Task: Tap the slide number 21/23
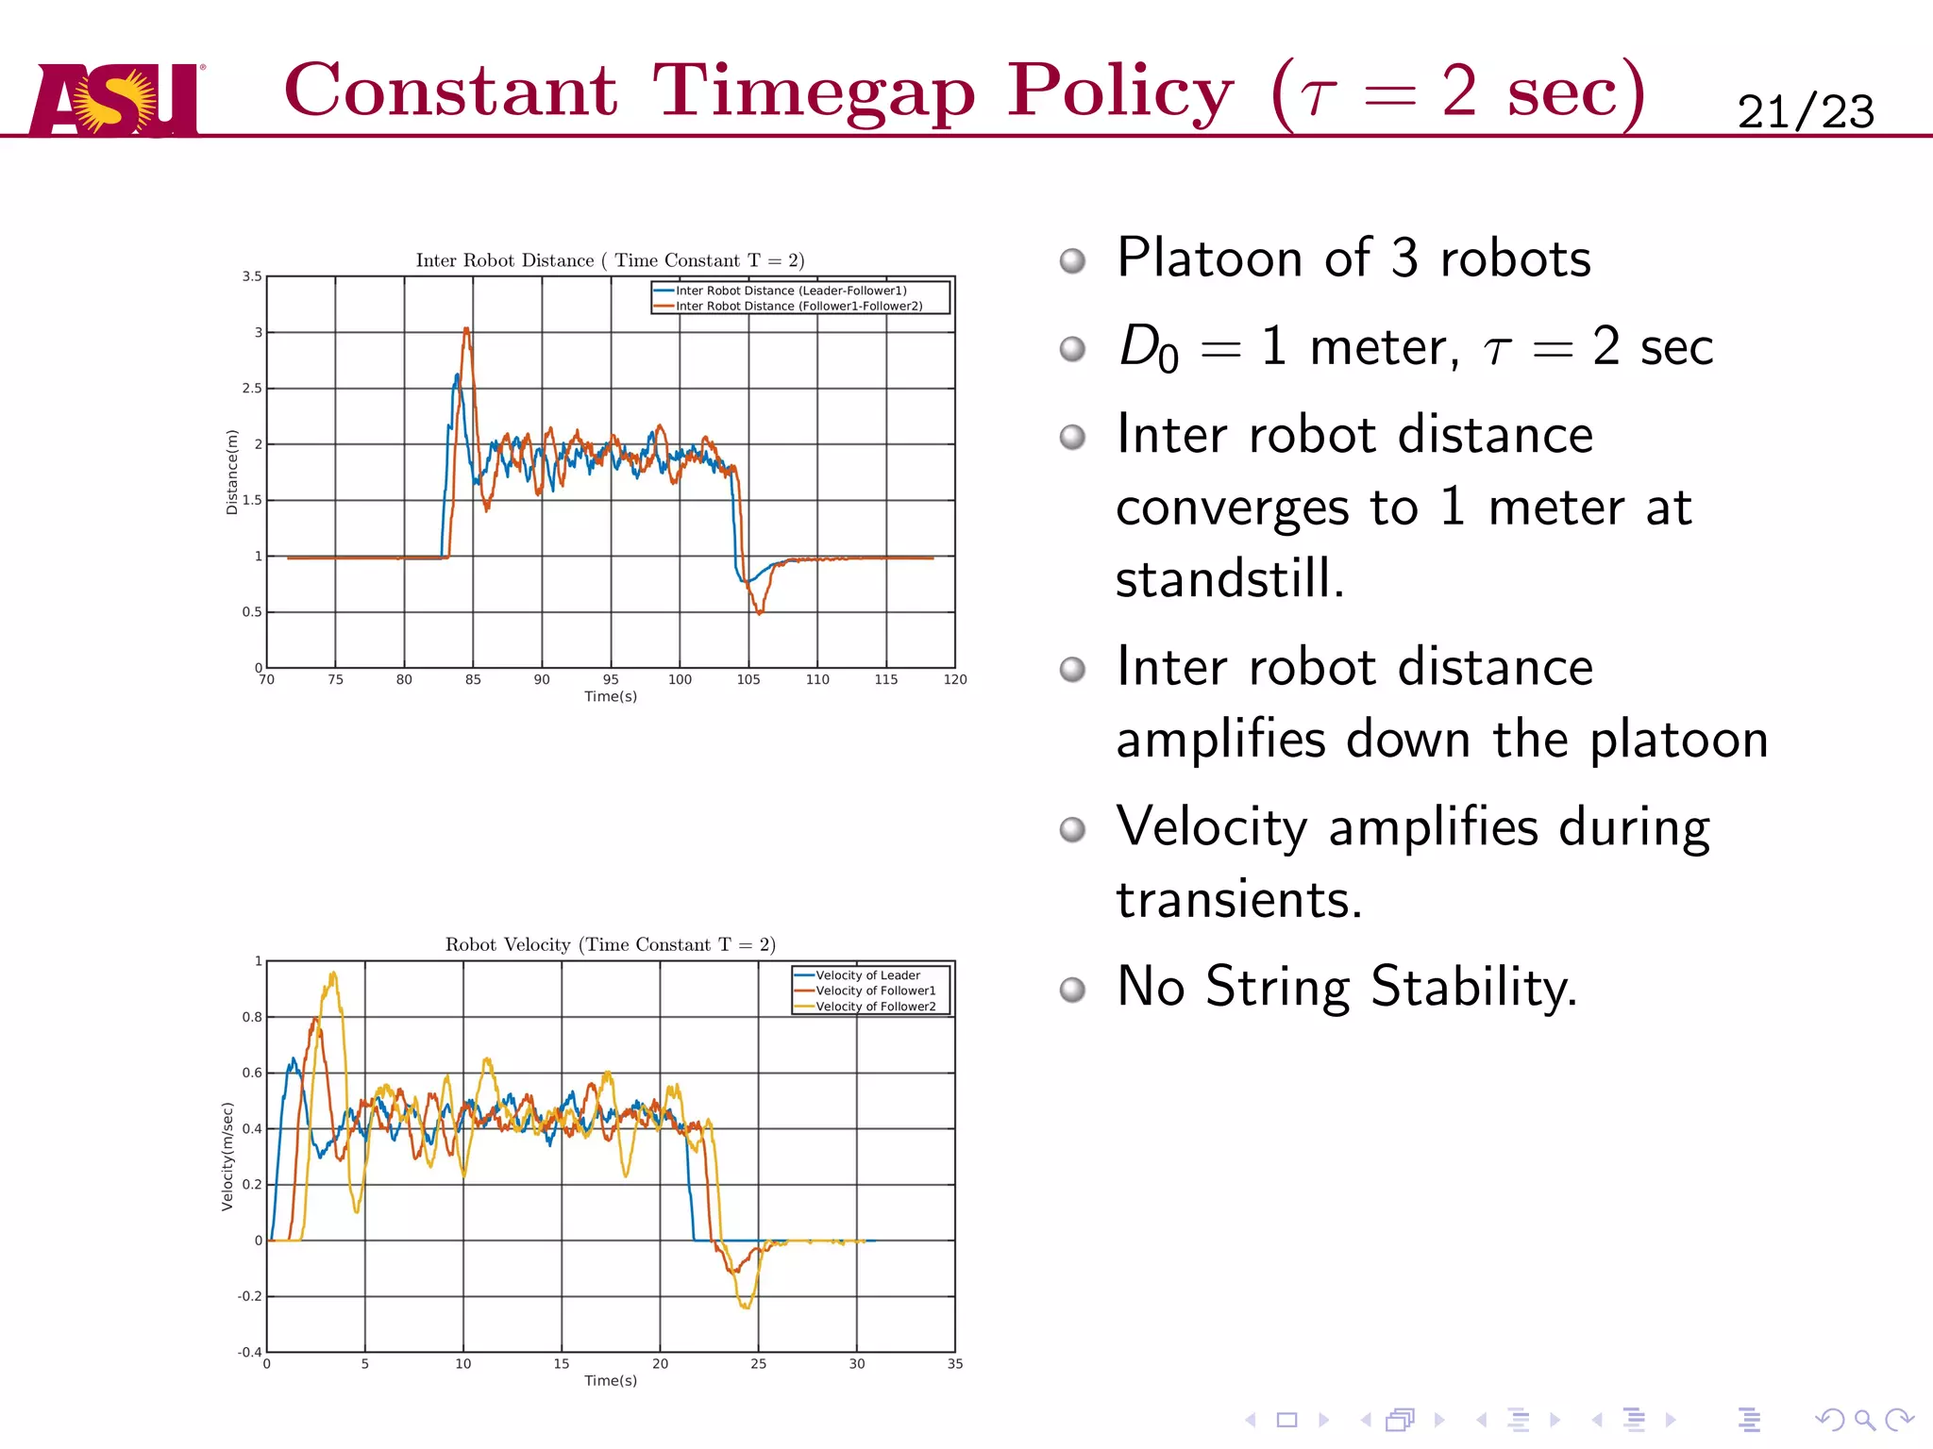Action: point(1805,112)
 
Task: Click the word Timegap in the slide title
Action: point(814,92)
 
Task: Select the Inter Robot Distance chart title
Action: point(610,260)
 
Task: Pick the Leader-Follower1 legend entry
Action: point(790,291)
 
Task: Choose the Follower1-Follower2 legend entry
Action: point(798,306)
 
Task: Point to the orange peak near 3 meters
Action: point(466,329)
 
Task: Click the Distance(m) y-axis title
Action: point(232,472)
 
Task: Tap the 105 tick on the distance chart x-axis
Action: point(748,679)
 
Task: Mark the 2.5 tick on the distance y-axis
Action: point(252,388)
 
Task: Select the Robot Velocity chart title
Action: point(610,944)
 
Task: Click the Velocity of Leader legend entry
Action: point(867,975)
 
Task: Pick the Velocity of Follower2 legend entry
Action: point(875,1007)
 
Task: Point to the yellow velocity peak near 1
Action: point(332,974)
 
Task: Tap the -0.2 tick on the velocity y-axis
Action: point(250,1296)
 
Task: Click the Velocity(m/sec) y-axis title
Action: point(227,1157)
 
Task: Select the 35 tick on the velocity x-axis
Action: point(955,1364)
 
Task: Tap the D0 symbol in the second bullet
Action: point(1148,347)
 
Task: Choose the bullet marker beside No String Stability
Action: point(1072,990)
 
